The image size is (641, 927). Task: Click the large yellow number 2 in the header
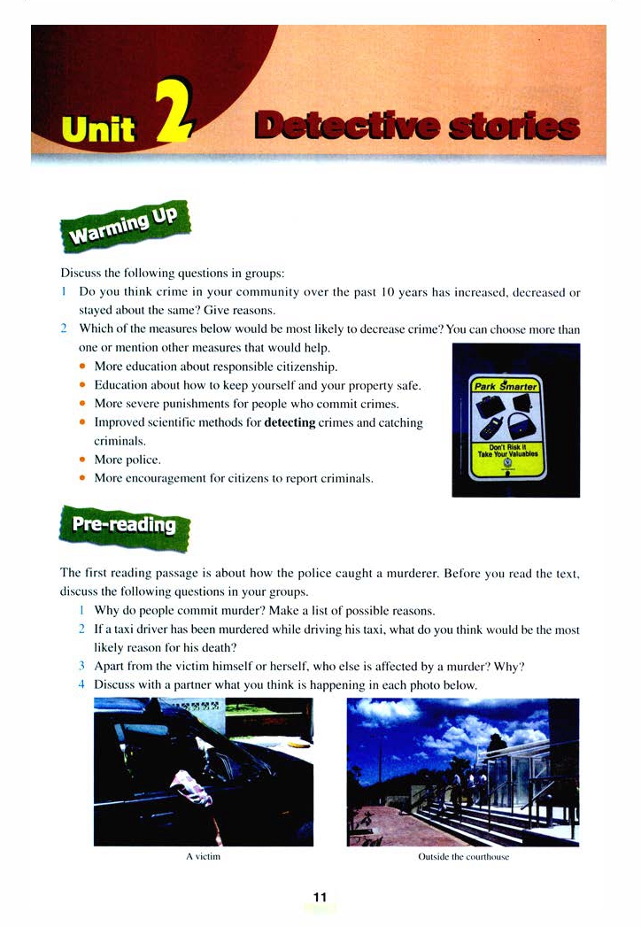(173, 112)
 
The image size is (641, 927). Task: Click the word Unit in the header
(97, 130)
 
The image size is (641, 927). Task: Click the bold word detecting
(290, 422)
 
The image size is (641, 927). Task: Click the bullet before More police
(81, 460)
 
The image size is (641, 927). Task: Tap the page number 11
(320, 897)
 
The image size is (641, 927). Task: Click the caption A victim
(203, 857)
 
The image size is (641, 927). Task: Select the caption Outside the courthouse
(463, 857)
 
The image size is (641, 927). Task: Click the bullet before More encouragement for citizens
(81, 479)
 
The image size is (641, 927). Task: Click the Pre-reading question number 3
(81, 666)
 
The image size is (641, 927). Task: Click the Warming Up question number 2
(64, 329)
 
